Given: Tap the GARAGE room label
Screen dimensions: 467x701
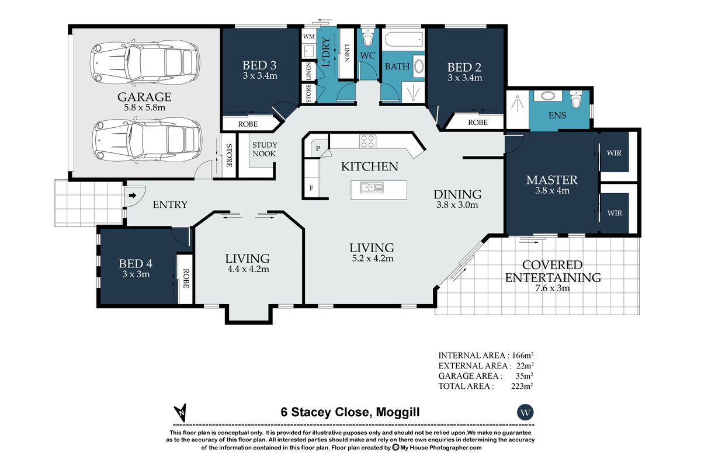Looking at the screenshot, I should click(144, 97).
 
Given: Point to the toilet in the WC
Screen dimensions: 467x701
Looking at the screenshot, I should click(367, 40).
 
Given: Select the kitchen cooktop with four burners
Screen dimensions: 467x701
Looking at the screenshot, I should click(367, 141).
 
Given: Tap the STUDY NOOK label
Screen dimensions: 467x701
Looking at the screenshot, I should click(265, 149).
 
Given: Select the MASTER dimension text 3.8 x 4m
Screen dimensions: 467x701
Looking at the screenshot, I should click(552, 190).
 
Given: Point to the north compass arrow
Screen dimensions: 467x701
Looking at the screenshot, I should click(182, 412).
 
